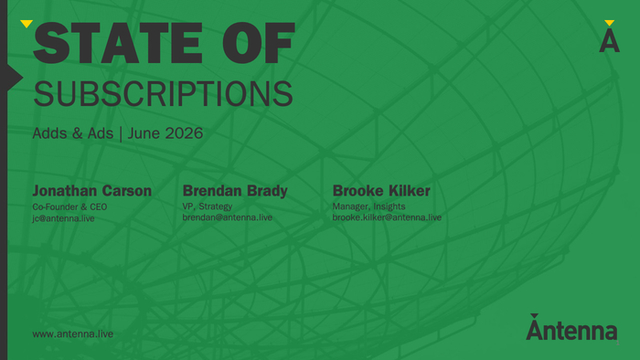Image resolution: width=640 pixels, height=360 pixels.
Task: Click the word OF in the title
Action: pos(259,43)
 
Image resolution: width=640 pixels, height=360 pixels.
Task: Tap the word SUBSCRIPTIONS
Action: pos(163,94)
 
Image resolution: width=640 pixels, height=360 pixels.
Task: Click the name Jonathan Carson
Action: pos(91,191)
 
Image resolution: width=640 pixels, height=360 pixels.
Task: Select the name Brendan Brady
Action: pos(235,191)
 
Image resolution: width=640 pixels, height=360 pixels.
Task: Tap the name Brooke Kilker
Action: pos(381,191)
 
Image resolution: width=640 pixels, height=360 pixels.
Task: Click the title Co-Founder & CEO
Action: pos(69,206)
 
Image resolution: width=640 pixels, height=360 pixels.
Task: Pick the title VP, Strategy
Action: pos(208,206)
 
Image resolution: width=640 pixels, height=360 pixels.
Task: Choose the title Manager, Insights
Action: pos(369,206)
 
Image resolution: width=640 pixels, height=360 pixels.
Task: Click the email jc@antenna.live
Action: pos(64,218)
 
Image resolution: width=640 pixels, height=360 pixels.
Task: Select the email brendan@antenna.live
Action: pos(228,217)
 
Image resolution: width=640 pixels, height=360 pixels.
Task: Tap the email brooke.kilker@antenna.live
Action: pos(387,217)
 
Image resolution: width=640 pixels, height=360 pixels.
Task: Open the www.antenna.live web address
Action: pos(73,334)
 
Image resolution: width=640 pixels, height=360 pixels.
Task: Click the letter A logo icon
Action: pos(610,42)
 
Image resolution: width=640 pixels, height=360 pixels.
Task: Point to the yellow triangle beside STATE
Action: pos(27,24)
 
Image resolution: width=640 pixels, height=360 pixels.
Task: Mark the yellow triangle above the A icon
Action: pos(610,23)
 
